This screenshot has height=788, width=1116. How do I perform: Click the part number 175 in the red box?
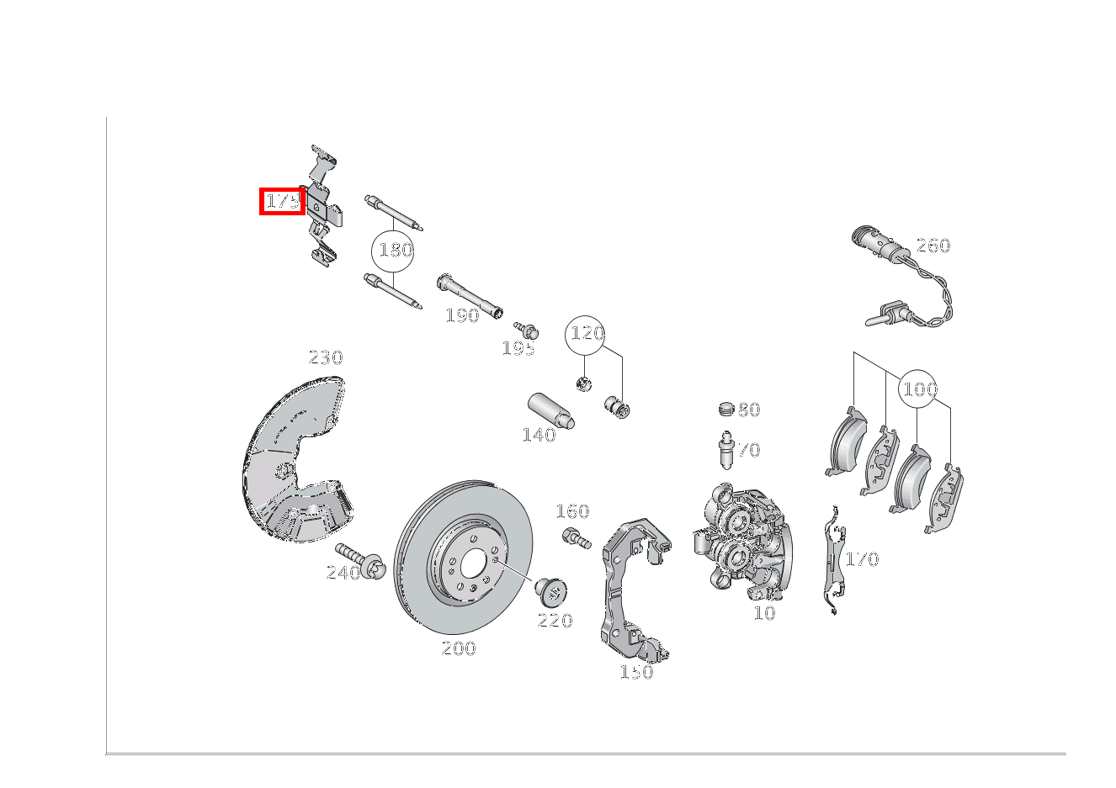(283, 202)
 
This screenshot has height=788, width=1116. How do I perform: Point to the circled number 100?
(918, 389)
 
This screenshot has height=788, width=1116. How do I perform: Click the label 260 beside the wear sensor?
(933, 246)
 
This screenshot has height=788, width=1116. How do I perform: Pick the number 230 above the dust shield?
(326, 357)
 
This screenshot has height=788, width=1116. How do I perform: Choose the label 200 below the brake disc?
(459, 648)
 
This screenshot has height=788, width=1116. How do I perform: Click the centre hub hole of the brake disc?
(473, 564)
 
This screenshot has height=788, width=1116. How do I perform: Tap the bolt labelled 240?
(359, 561)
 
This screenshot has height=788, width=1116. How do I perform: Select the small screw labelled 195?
(526, 329)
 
